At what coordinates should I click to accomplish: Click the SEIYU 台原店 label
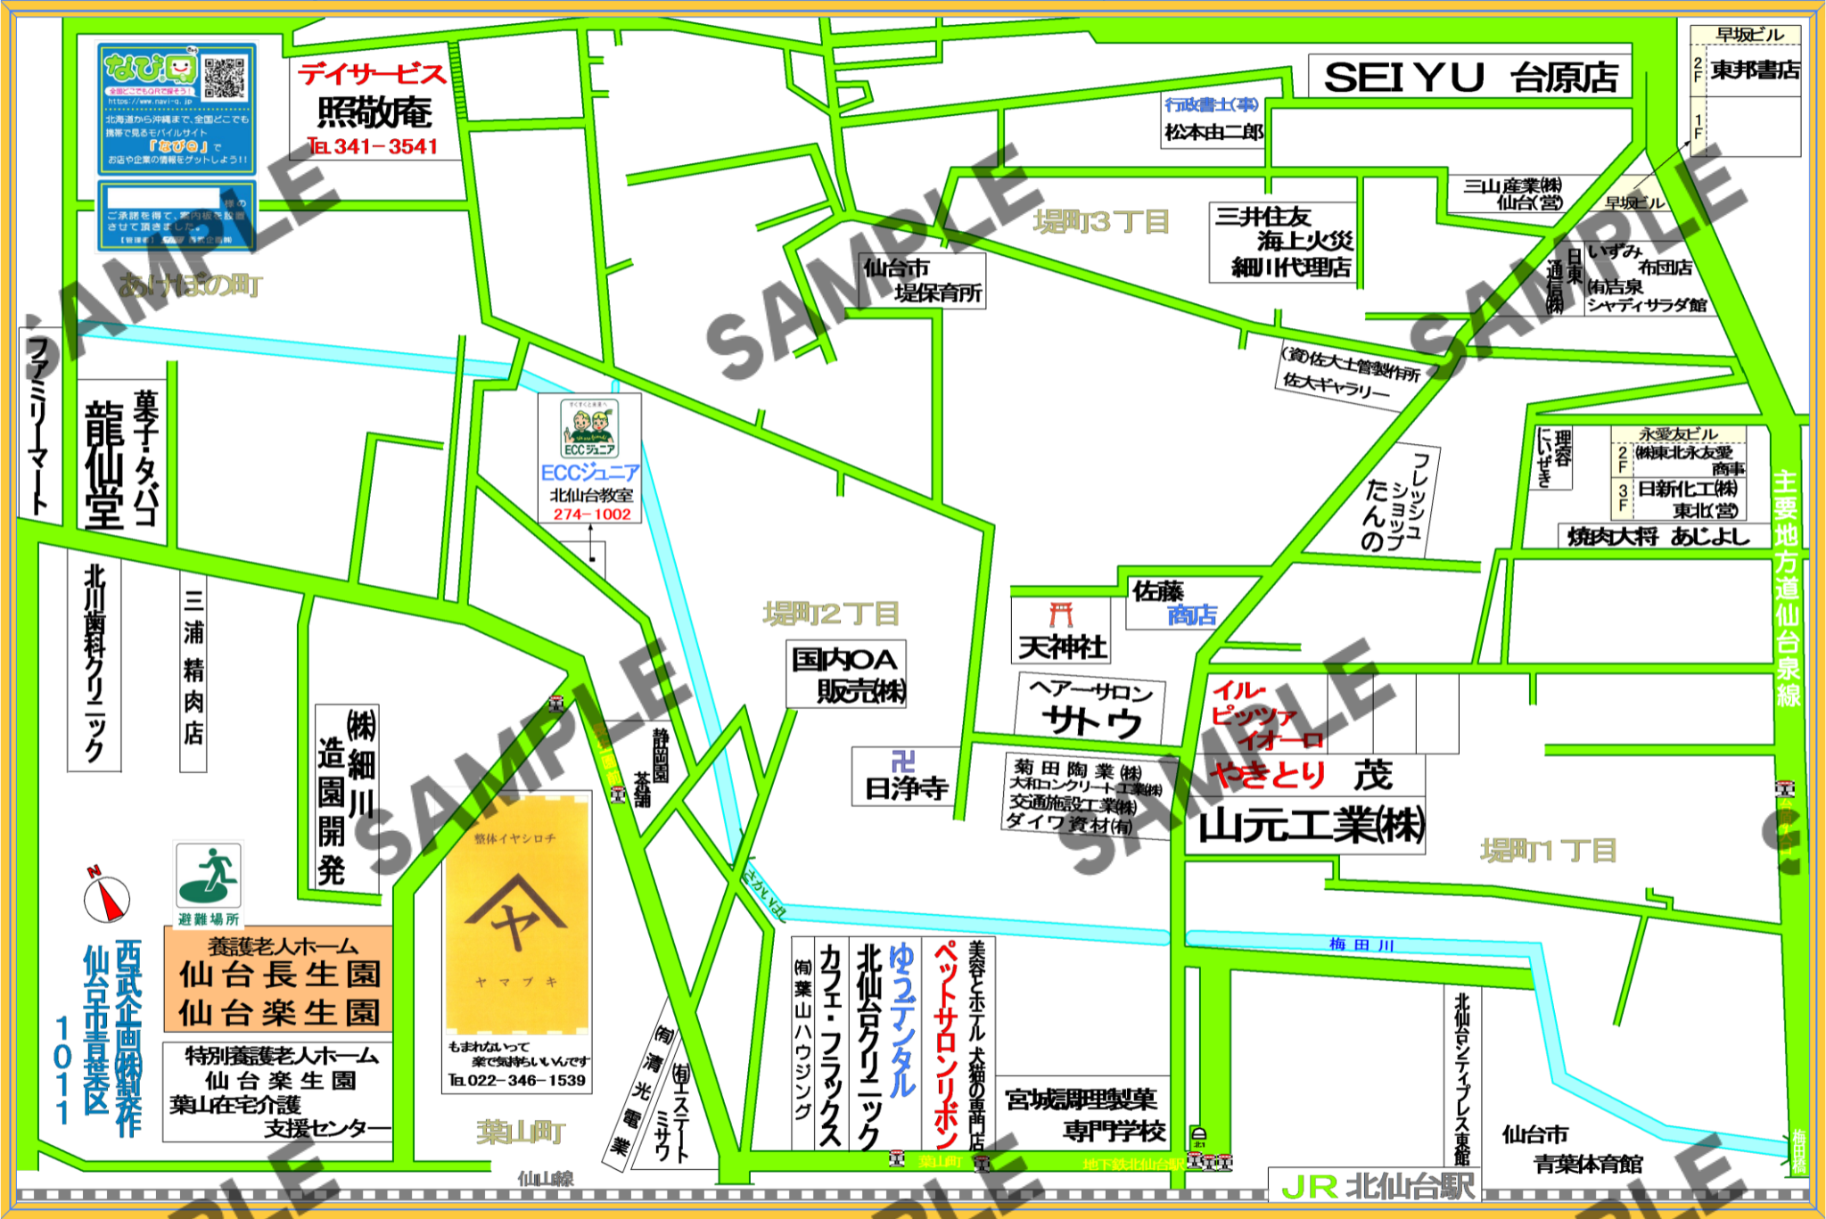coord(1469,77)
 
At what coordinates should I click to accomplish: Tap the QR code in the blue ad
coord(224,78)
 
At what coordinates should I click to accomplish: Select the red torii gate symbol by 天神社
coord(1060,614)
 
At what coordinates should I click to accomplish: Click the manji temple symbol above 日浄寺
coord(903,761)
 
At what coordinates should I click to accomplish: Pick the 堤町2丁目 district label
coord(830,614)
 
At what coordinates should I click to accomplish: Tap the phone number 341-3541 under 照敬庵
coord(374,146)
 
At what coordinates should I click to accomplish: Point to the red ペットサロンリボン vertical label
coord(944,1043)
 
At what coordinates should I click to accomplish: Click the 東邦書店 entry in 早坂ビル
coord(1754,70)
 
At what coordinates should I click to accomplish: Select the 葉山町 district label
coord(521,1133)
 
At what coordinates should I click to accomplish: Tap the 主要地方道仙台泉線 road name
coord(1786,589)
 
